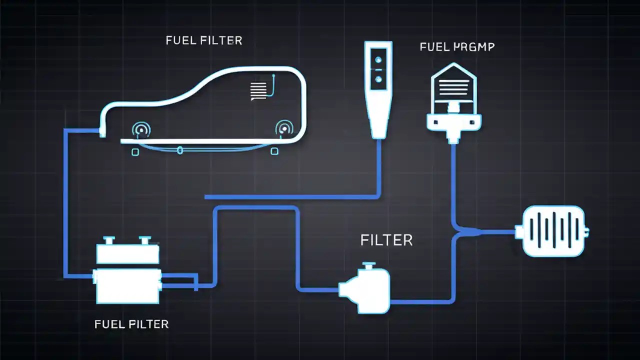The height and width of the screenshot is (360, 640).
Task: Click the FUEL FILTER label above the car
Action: click(x=204, y=40)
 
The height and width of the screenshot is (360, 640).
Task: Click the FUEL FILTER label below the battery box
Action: click(x=131, y=324)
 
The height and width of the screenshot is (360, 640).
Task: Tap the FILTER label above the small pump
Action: click(x=386, y=240)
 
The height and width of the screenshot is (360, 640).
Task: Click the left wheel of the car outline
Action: click(x=141, y=130)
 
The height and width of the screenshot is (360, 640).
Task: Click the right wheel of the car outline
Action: click(x=284, y=128)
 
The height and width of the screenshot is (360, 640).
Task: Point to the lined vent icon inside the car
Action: click(x=258, y=91)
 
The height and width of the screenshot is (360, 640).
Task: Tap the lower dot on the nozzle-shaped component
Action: click(x=378, y=79)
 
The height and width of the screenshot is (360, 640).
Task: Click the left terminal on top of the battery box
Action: click(x=109, y=240)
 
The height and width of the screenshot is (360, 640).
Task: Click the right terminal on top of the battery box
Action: click(x=145, y=240)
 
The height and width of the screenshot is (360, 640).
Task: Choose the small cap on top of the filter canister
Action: click(x=369, y=265)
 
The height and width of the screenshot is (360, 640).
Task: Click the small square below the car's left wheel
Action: click(x=135, y=152)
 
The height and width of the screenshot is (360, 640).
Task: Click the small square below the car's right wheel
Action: click(x=274, y=151)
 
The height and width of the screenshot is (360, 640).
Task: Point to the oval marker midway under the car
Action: click(x=180, y=150)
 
